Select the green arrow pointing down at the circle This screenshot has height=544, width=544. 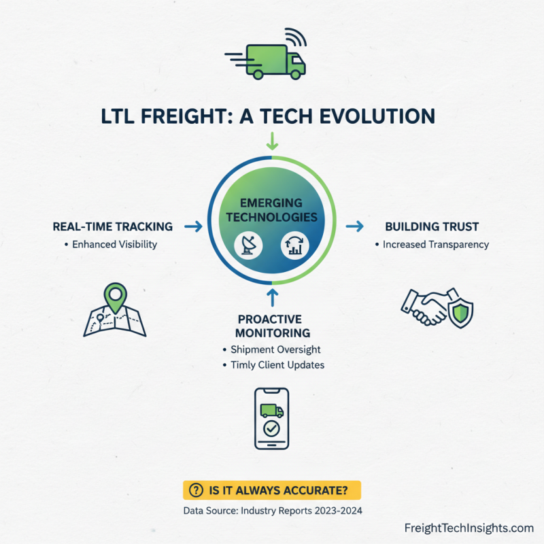pyautogui.click(x=272, y=141)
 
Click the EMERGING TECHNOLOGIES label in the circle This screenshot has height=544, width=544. pyautogui.click(x=272, y=211)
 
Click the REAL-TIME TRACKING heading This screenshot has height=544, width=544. pyautogui.click(x=112, y=226)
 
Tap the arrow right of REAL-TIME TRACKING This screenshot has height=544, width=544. pyautogui.click(x=193, y=226)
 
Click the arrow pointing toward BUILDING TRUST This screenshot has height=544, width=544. pyautogui.click(x=354, y=226)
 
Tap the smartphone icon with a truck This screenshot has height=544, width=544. pyautogui.click(x=271, y=418)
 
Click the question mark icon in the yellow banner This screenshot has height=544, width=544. pyautogui.click(x=197, y=490)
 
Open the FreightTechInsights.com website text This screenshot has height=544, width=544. pyautogui.click(x=469, y=528)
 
